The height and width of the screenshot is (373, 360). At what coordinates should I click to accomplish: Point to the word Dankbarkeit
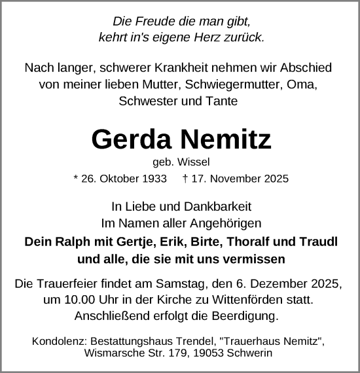click(219, 205)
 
